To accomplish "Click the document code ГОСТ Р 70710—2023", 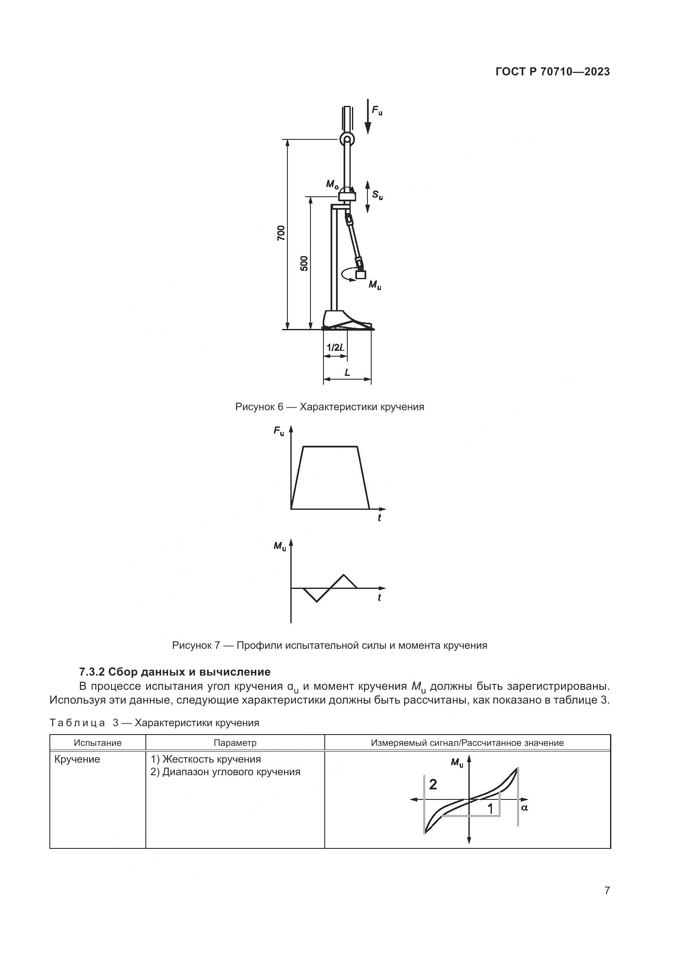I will (x=553, y=72).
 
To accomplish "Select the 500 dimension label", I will (x=304, y=264).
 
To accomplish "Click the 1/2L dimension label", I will (x=336, y=347).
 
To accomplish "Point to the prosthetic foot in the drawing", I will (x=346, y=320).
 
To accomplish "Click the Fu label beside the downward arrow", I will (x=377, y=111).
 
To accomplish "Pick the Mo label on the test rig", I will (x=332, y=184).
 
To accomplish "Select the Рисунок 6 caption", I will (x=329, y=407).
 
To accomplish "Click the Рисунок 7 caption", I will (x=329, y=645).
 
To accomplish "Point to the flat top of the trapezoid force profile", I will (x=330, y=447).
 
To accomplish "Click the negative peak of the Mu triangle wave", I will (x=316, y=601).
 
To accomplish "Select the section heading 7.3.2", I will (x=175, y=672).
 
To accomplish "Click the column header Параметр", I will (x=235, y=743).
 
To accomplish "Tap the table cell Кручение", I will (x=77, y=759).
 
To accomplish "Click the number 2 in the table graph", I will (x=433, y=784).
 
